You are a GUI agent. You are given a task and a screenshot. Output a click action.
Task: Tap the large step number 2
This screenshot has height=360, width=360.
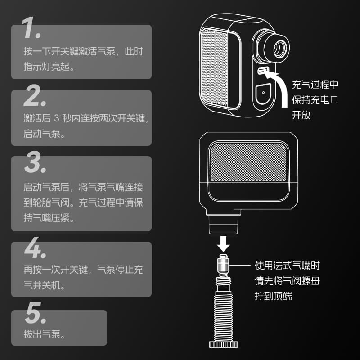coord(35,95)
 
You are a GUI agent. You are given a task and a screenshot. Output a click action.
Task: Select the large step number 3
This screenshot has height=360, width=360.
coord(35,162)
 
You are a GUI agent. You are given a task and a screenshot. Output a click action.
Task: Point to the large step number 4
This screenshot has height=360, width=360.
coord(35,247)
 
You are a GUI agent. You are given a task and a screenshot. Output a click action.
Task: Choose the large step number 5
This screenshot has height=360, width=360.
coord(36,313)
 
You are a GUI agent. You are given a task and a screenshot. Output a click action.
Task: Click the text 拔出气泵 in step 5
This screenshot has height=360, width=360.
coord(42,334)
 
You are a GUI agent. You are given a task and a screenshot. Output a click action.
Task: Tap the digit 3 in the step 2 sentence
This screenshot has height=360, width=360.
coord(57,118)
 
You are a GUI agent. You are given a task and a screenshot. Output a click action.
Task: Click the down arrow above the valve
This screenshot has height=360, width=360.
coord(223,244)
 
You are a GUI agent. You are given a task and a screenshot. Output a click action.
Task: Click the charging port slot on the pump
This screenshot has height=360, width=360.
coord(263,71)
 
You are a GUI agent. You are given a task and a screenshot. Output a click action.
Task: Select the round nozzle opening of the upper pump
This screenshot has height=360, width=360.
coord(279,49)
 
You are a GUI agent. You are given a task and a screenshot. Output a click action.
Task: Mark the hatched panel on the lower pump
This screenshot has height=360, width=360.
coord(248,162)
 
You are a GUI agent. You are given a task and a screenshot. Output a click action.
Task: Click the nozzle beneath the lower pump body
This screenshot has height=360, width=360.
coord(223,224)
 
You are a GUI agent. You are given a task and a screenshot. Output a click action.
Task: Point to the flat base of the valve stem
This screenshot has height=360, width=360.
coord(223,344)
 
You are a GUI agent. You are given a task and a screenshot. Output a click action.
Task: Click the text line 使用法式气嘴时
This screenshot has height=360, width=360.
coord(287,265)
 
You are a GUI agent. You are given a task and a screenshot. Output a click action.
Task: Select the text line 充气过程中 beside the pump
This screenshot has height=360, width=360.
coord(315,85)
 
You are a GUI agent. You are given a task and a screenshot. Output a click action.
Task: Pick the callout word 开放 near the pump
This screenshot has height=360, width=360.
coord(301,115)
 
